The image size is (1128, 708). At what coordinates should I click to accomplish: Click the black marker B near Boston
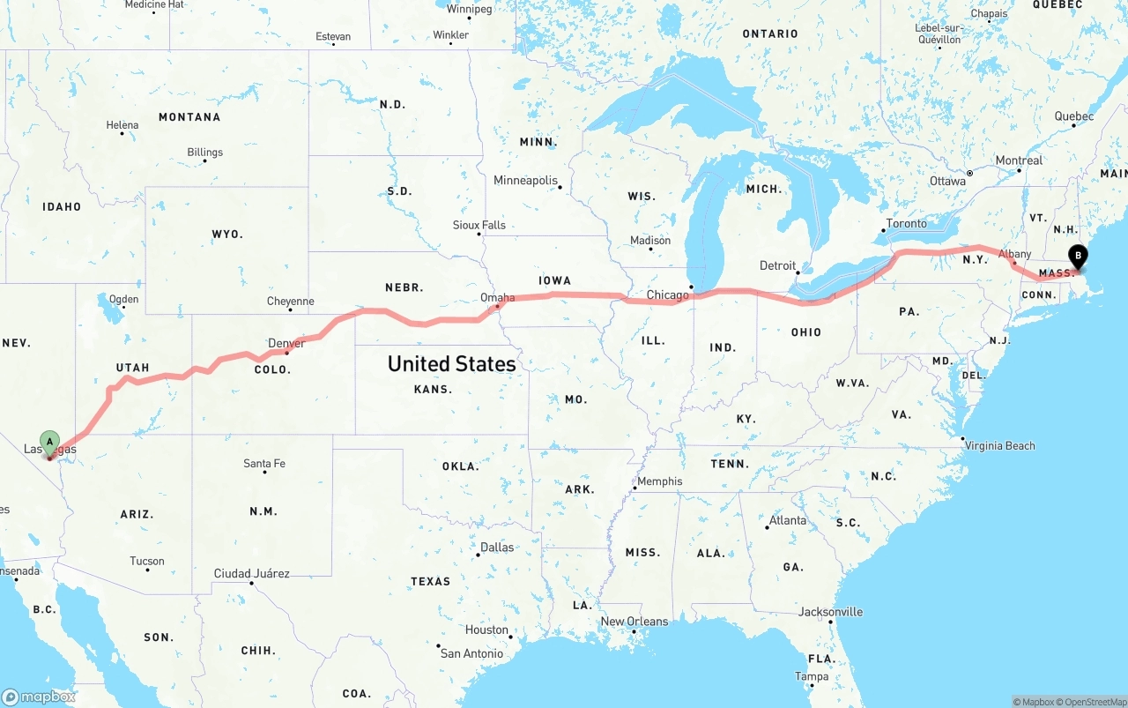coord(1077,257)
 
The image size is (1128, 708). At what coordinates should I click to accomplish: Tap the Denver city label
coord(286,343)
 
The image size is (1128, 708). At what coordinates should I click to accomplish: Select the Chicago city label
coord(667,294)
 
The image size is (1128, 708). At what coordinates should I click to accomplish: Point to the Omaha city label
coord(497,298)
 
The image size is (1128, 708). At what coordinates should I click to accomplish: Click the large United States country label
coord(451,363)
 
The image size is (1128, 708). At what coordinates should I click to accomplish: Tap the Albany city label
coord(1014,254)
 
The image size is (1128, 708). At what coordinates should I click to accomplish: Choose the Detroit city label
coord(777,265)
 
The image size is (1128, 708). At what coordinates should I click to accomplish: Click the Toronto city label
coord(906,224)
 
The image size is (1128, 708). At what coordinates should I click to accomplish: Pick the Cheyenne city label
coord(290,302)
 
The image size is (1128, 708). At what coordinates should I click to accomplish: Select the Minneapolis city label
coord(525,181)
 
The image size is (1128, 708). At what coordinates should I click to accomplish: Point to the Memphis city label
coord(659,481)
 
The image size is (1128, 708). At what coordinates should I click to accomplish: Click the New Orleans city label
coord(634,622)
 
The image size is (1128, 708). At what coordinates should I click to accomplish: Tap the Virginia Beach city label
coord(999,445)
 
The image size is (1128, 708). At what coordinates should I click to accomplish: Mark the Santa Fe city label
coord(264,464)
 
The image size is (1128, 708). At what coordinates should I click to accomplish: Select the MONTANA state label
coord(189,117)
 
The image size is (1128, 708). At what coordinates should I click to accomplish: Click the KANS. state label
coord(433,389)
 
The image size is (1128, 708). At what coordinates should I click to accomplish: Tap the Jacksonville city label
coord(830,612)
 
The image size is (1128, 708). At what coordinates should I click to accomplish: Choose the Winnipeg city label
coord(469,10)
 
